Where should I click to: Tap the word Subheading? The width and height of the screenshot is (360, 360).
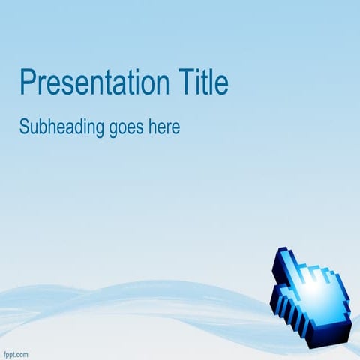[x=61, y=127]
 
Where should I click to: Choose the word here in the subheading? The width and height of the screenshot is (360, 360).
[x=165, y=127]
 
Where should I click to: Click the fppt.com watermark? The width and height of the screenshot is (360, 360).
[x=16, y=352]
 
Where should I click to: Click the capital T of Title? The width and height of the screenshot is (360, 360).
[x=186, y=82]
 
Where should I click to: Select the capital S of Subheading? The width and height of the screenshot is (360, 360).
[x=24, y=127]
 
